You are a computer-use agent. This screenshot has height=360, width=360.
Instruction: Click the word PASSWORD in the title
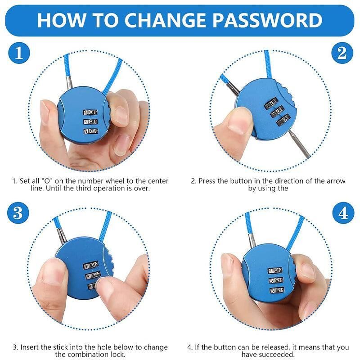267,20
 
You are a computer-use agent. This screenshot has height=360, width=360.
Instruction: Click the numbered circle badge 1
19,53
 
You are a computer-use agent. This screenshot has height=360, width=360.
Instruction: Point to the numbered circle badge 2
342,53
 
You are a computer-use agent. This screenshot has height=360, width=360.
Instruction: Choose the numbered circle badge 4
343,213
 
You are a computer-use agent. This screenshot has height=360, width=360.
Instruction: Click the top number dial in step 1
90,112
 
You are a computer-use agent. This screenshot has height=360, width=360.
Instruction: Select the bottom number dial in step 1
90,131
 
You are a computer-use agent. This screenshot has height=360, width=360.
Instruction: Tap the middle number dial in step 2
278,112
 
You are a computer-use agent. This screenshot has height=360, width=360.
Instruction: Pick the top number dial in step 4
275,271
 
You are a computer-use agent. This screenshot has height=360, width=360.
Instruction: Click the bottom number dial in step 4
277,290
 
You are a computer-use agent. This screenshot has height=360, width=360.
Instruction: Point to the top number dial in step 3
91,265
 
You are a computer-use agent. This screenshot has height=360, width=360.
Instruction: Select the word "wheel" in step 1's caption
114,181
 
